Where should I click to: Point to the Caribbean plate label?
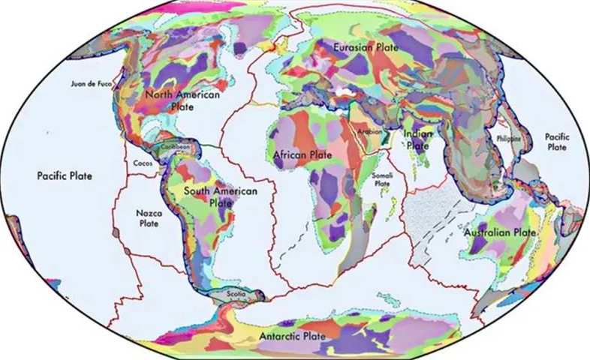tap(176, 148)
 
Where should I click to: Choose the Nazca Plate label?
tap(148, 217)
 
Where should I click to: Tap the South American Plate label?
tap(221, 196)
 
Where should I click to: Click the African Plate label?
tap(303, 154)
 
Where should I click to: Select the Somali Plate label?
tap(382, 179)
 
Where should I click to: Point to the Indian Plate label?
tap(418, 139)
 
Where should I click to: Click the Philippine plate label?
tap(509, 138)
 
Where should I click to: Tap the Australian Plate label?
tap(500, 233)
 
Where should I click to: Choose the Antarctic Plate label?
tap(292, 336)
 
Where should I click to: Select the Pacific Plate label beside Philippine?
tap(557, 142)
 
